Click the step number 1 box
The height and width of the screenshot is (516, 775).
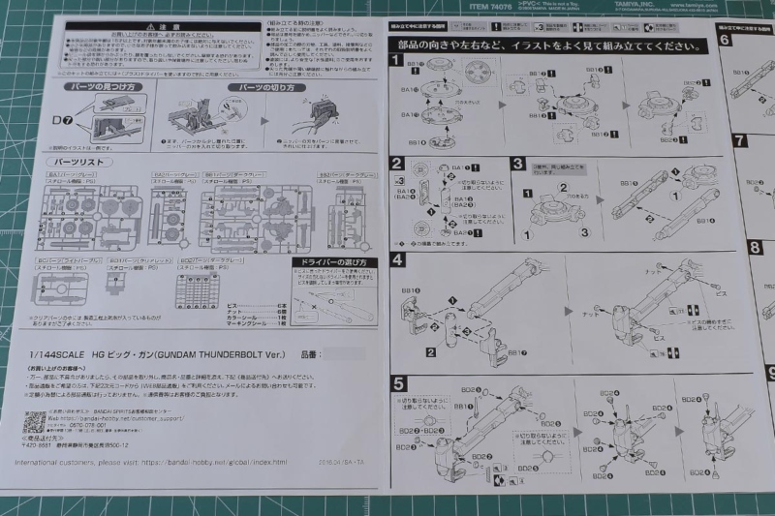coord(396,60)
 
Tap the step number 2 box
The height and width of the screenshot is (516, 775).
coord(397,163)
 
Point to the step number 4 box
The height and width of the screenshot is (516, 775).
coord(397,260)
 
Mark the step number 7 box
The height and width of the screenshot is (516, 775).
coord(740,140)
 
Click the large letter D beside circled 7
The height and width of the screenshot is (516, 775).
coord(55,119)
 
